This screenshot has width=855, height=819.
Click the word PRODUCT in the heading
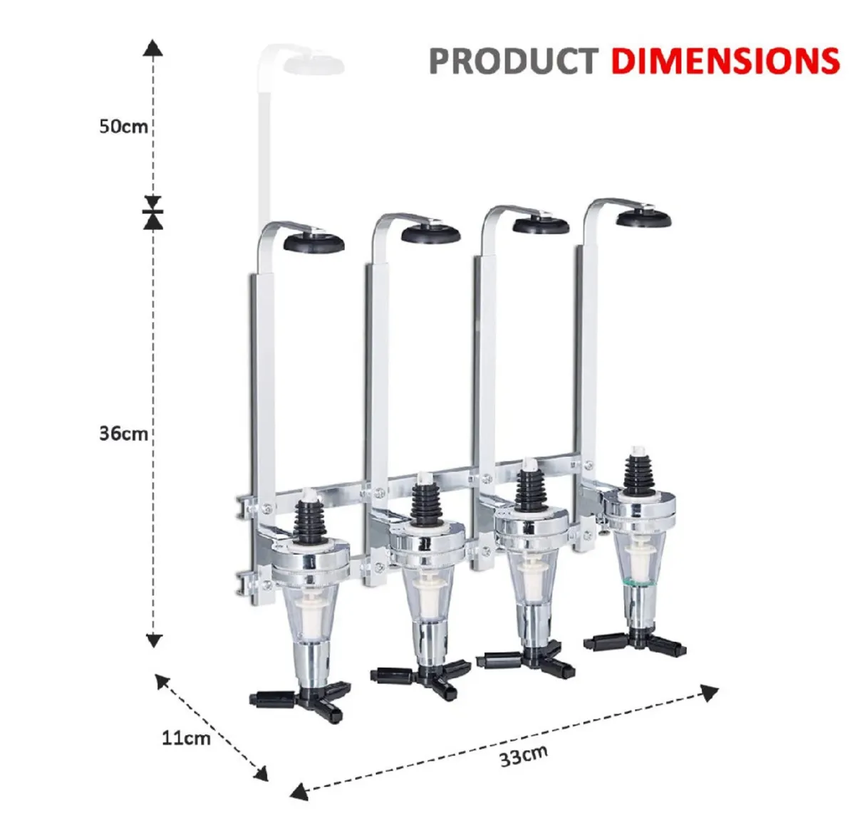512,61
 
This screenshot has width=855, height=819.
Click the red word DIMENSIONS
725,61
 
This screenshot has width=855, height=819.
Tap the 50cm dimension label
123,127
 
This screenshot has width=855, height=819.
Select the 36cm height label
123,433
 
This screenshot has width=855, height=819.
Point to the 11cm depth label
186,737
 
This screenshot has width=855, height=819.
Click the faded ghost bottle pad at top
313,64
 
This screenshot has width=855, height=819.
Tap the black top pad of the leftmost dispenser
314,242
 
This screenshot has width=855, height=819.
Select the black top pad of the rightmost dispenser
643,218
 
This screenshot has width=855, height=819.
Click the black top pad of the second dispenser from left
430,234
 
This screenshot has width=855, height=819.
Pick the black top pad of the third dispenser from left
541,226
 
